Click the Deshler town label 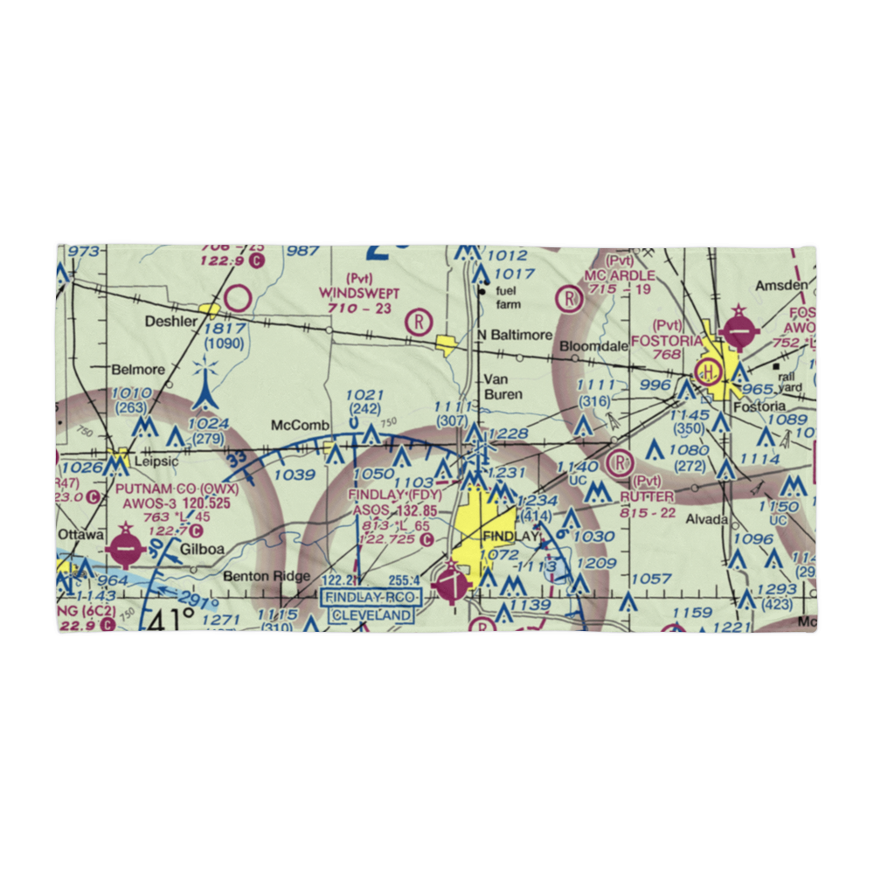coord(171,321)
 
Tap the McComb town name coord(300,425)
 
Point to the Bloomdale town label coord(594,346)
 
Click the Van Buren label coord(503,387)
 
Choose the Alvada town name coord(706,519)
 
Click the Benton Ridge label coord(254,576)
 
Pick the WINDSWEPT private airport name coord(359,293)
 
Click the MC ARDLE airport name coord(621,275)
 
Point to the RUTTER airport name coord(648,496)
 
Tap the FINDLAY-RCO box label coord(371,598)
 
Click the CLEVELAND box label coord(371,615)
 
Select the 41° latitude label coord(171,621)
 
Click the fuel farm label coord(507,298)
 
